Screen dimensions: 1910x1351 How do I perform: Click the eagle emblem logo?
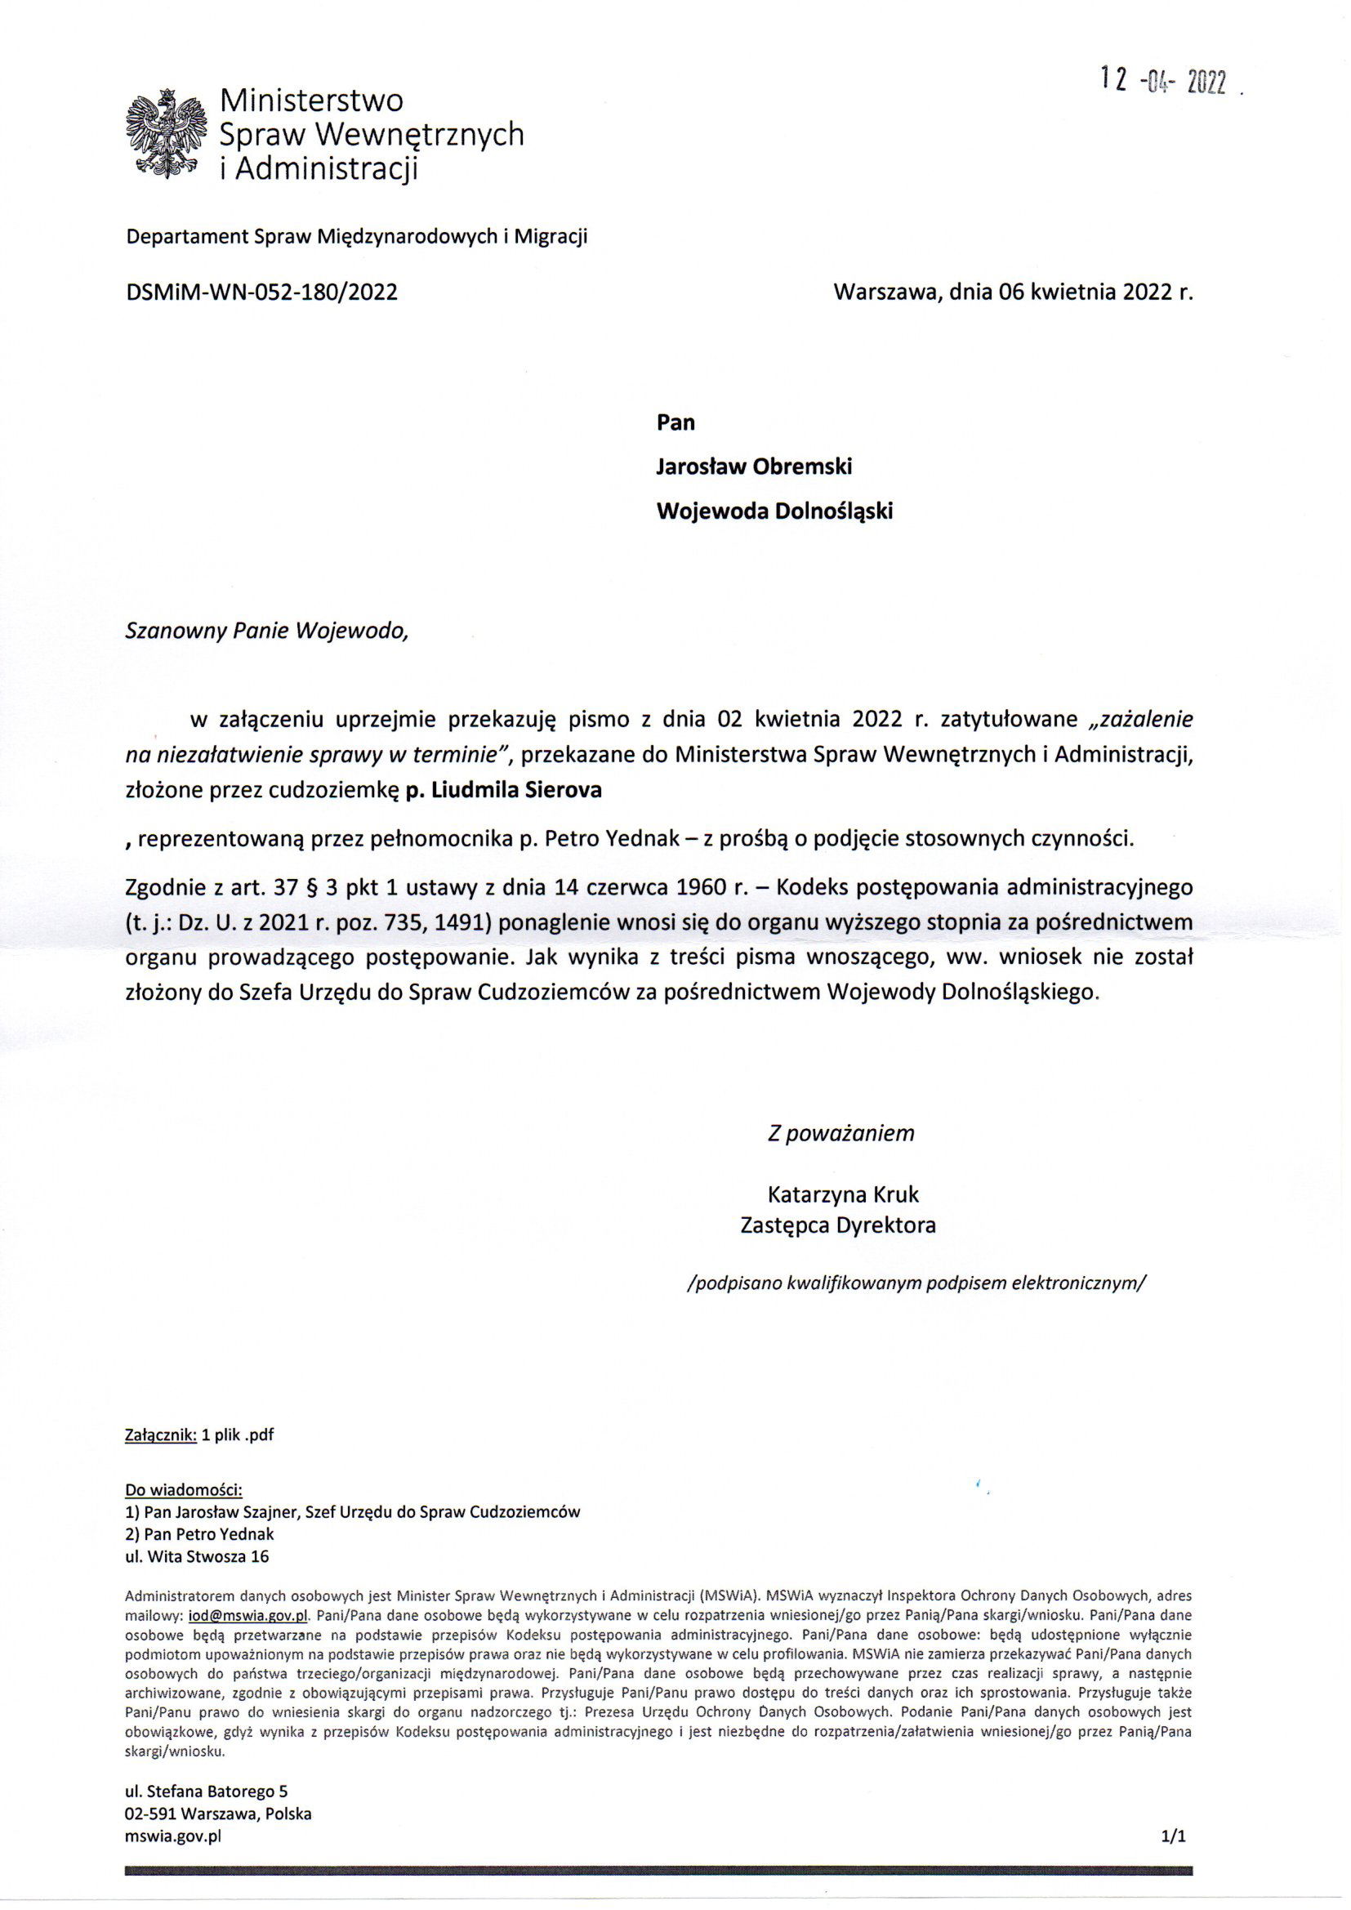coord(165,134)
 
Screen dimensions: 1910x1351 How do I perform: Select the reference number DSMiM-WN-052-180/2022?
coord(261,292)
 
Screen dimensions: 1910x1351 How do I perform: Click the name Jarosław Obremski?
coord(754,466)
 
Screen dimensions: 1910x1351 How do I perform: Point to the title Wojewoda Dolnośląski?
coord(774,511)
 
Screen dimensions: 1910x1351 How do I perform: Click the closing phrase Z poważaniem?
coord(840,1133)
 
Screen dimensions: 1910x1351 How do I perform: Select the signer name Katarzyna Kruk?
coord(842,1194)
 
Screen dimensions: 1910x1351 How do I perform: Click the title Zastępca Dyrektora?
coord(838,1225)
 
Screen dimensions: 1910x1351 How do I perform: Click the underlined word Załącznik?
coord(161,1435)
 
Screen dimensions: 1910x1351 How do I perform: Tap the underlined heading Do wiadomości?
coord(184,1489)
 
